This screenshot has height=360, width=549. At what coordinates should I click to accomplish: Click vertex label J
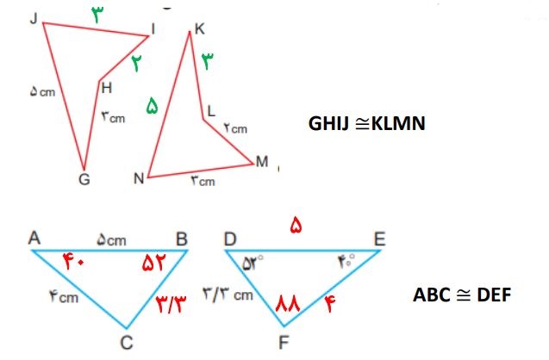coord(34,18)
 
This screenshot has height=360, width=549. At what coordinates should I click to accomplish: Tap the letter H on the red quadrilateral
coord(107,88)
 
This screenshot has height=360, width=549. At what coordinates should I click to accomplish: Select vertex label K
coord(200,28)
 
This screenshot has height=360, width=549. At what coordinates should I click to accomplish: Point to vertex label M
coord(262,162)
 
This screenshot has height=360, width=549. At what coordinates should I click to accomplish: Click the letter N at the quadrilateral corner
coord(139,178)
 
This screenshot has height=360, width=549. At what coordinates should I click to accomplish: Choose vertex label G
coord(84,179)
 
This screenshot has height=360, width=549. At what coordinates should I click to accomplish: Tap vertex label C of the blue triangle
coord(127,343)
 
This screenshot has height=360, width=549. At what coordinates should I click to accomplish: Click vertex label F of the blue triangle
coord(284,343)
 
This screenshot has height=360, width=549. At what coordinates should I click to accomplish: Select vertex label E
coord(380,239)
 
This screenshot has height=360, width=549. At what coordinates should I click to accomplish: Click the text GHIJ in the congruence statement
coord(328,123)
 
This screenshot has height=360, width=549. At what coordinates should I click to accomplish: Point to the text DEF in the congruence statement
coord(494,295)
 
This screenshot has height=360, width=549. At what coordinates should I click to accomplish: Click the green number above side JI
coord(97,15)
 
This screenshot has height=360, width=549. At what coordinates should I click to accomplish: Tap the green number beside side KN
coord(152,106)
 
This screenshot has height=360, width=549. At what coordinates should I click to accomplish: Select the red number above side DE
coord(296,225)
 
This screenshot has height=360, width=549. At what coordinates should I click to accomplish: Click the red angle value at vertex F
coord(288,303)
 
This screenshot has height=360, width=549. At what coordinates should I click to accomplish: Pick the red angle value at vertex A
coord(73,262)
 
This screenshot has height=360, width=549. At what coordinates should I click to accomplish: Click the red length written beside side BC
coord(172,304)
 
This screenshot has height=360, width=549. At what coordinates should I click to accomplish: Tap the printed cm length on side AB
coord(111,240)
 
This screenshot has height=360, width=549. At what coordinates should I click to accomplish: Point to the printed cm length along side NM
coord(203,181)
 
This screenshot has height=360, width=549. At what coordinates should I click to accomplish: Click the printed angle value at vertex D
coord(253,263)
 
